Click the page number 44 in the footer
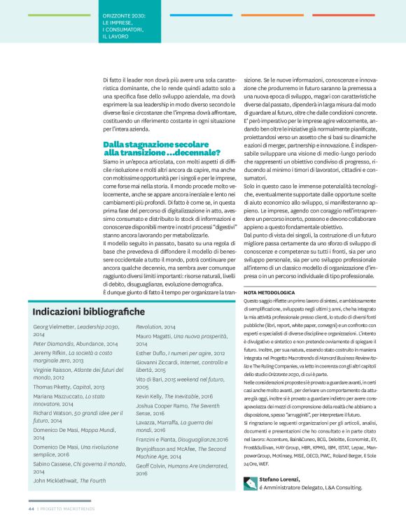coord(31,517)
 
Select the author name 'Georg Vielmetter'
coord(56,327)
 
